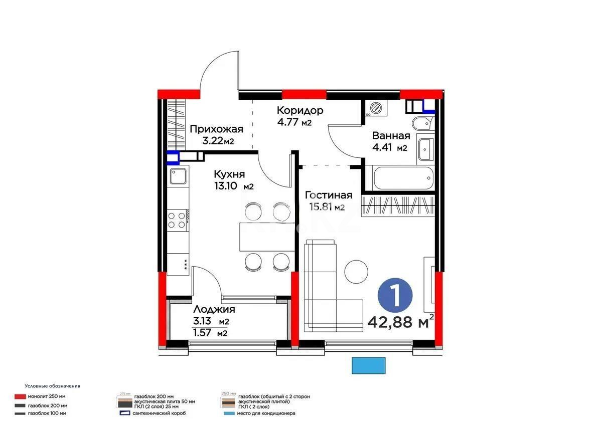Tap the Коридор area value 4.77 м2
pos(294,122)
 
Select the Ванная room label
pos(391,136)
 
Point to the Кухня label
pos(229,174)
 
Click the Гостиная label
pos(329,195)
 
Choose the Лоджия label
pos(214,310)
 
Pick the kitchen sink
pos(178,176)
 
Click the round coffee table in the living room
pos(357,272)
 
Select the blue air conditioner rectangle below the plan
pos(369,365)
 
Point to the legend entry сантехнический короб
pos(160,413)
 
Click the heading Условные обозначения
pos(53,386)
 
